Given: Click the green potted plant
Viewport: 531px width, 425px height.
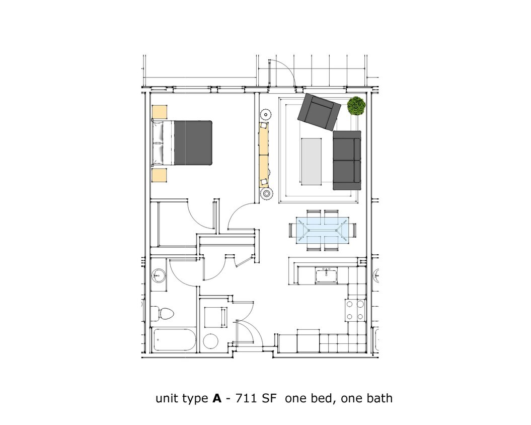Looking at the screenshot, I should [x=357, y=106].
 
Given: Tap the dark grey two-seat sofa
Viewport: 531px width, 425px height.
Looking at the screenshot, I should [x=347, y=160].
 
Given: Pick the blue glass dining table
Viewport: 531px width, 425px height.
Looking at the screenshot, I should [x=322, y=229].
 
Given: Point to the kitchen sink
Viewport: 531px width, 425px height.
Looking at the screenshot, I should [x=326, y=275].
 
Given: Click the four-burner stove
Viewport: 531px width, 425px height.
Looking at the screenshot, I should [x=355, y=310].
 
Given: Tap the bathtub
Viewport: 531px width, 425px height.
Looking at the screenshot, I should [x=174, y=341].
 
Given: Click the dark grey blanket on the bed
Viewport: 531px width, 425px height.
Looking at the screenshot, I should [x=193, y=143].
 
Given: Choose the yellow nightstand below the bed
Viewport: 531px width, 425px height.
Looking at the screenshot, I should [x=159, y=175].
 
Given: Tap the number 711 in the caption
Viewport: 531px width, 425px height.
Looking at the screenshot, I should [x=244, y=398].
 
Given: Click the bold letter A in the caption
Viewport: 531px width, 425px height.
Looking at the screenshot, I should [x=217, y=398].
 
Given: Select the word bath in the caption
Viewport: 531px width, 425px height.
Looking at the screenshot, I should [x=377, y=398].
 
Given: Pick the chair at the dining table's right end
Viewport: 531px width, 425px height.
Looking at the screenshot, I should [x=353, y=230].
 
